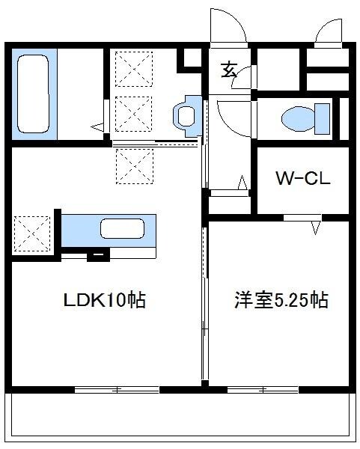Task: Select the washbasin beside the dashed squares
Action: point(185,115)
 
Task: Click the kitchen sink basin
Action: point(123,229)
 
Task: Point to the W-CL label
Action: point(301,180)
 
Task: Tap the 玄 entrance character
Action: point(229,71)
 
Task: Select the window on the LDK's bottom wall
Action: point(117,389)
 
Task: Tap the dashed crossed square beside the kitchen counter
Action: point(32,233)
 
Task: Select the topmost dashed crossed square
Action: point(133,70)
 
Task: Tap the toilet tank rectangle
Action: point(323,118)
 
